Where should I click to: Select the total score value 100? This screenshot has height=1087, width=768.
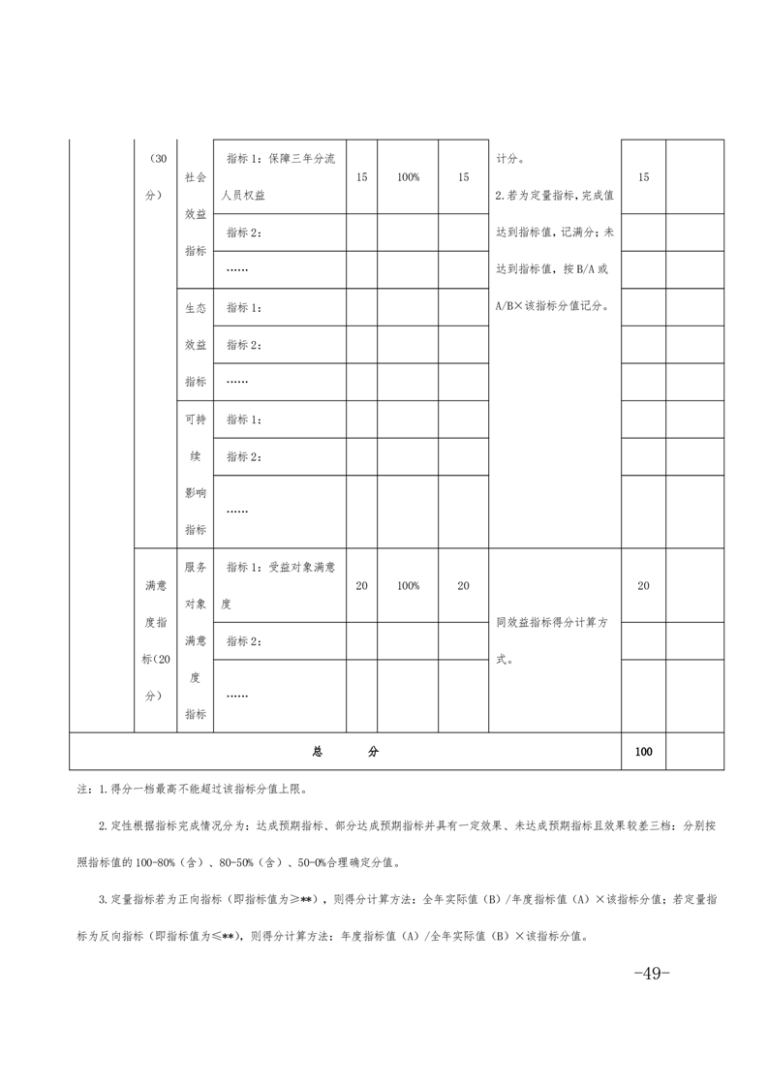pyautogui.click(x=644, y=751)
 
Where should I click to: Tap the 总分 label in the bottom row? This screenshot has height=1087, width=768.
pyautogui.click(x=345, y=751)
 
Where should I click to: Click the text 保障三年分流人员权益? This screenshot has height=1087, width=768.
pyautogui.click(x=279, y=176)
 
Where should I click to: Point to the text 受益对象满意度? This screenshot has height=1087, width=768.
pyautogui.click(x=279, y=585)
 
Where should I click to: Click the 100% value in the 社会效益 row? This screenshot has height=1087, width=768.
pyautogui.click(x=408, y=177)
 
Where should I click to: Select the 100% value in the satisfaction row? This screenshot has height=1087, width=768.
pyautogui.click(x=408, y=585)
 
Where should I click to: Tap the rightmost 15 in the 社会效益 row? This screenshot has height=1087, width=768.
pyautogui.click(x=644, y=177)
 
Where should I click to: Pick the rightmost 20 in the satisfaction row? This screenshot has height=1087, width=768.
pyautogui.click(x=644, y=585)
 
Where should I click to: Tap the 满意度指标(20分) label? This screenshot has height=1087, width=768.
pyautogui.click(x=155, y=640)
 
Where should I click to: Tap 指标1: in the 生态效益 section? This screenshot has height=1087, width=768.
pyautogui.click(x=244, y=307)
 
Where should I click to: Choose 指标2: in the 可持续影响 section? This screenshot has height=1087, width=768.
pyautogui.click(x=244, y=456)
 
